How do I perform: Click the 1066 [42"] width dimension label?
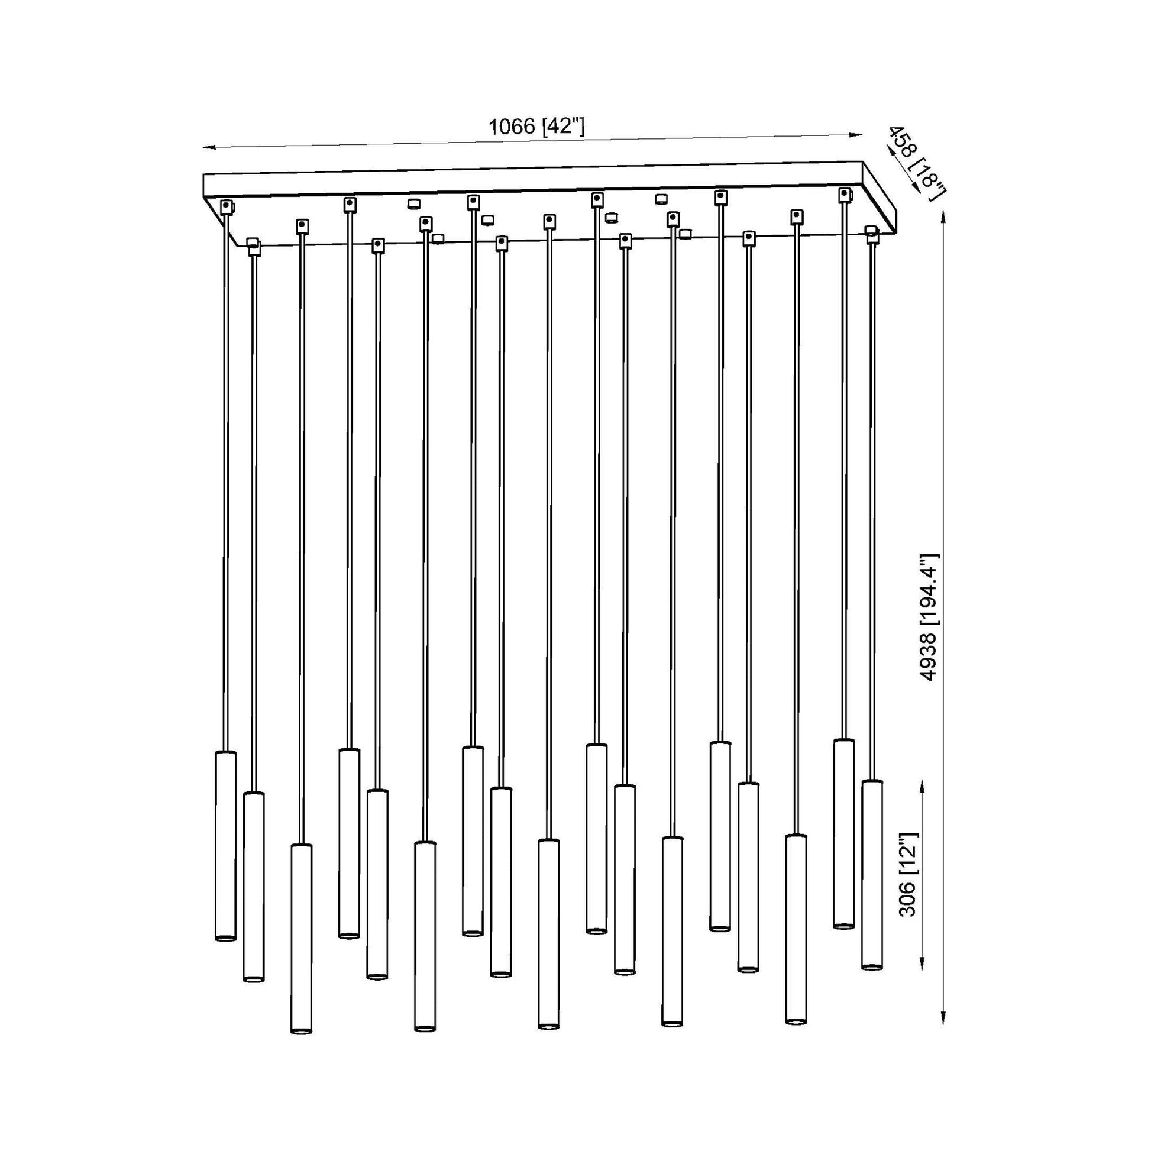click(x=536, y=127)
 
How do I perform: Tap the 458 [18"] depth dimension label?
click(x=916, y=162)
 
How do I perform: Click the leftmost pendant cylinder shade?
click(x=225, y=846)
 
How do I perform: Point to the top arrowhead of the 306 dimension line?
click(x=922, y=785)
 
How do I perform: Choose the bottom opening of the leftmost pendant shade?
click(x=225, y=937)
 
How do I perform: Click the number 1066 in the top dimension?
click(x=511, y=127)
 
